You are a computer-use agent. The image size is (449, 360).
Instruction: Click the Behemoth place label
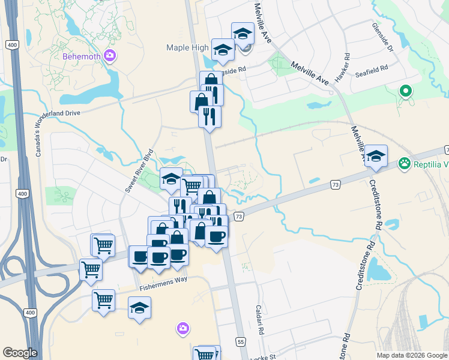pos(82,57)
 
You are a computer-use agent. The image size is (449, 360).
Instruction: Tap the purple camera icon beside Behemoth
pos(109,57)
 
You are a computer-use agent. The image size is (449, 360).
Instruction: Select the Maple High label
pos(187,48)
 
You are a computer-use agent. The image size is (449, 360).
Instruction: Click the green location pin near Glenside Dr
pos(406,92)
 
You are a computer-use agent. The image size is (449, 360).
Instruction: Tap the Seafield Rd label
pos(371,68)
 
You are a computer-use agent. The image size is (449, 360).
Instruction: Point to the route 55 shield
pos(241,341)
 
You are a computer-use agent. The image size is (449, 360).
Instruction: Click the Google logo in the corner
pos(20,353)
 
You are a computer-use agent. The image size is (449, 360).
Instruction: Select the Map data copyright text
pos(411,355)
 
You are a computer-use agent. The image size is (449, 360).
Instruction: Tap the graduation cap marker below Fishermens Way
pos(140,308)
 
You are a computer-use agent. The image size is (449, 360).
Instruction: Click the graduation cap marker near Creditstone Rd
pos(376,157)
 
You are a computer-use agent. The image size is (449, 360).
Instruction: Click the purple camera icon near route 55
pos(183,328)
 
